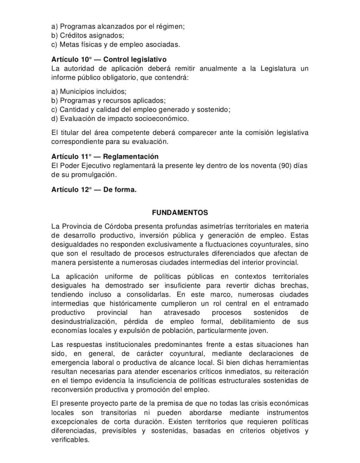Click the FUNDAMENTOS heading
[x=180, y=211]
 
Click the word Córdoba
[x=119, y=226]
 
